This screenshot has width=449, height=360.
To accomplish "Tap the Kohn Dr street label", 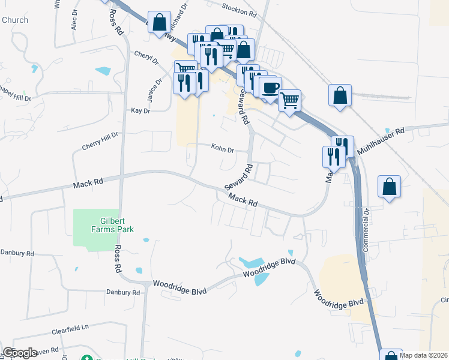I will point(221,148).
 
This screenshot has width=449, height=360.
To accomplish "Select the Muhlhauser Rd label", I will point(381,142).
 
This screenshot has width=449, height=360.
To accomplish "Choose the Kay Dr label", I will point(140,111).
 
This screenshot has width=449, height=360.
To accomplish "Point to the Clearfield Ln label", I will point(70,328).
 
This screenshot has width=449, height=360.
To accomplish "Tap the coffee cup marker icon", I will point(270,88).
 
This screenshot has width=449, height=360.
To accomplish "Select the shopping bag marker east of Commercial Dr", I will point(390,187).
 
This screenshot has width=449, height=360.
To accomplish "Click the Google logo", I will point(20,353).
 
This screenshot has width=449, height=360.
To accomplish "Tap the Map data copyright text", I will point(424,355).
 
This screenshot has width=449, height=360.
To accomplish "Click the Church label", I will point(14,20).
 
